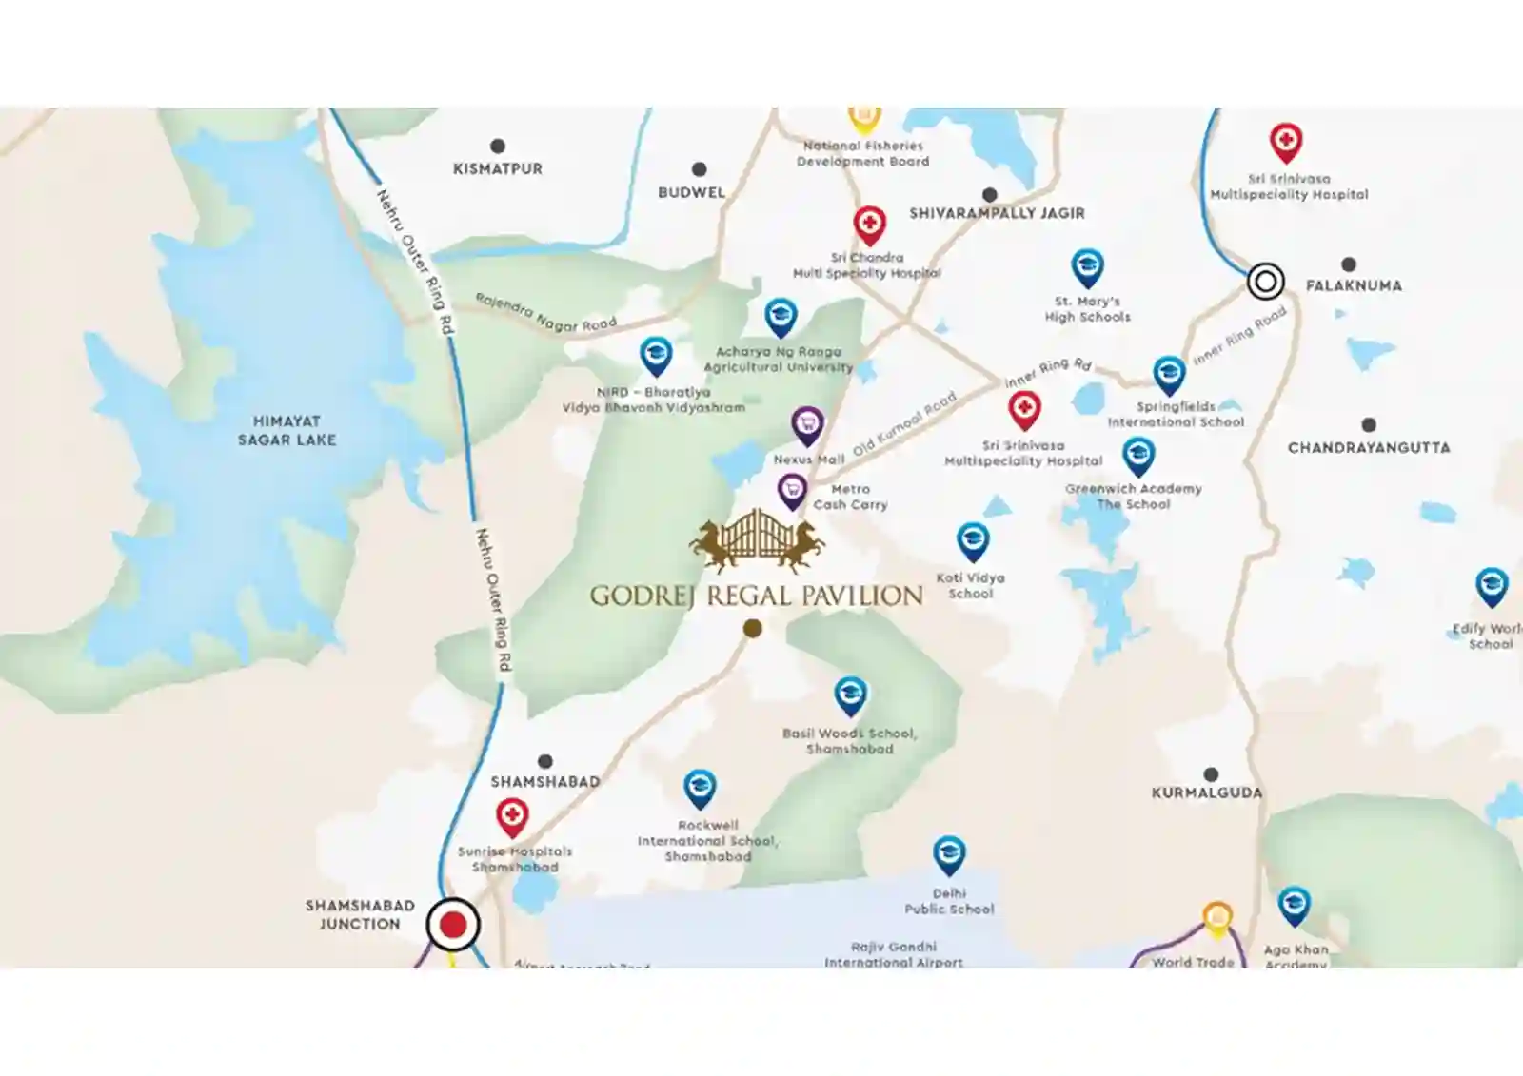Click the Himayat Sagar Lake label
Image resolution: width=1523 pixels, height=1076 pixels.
click(287, 430)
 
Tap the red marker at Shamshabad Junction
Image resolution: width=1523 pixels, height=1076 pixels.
click(453, 925)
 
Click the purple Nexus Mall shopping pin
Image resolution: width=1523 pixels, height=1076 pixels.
click(807, 424)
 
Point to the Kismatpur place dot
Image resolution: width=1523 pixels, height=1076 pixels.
click(497, 147)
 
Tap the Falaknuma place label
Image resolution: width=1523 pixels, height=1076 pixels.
click(1353, 285)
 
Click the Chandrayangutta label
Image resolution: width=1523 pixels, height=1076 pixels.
click(1368, 447)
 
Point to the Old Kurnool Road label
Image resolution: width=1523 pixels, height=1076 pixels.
click(903, 424)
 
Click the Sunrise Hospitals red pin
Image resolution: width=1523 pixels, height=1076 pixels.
click(512, 816)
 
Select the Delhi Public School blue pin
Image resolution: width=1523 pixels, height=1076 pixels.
click(948, 855)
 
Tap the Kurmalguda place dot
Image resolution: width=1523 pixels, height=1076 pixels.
click(1211, 774)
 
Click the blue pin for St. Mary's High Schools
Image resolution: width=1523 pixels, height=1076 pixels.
click(1087, 267)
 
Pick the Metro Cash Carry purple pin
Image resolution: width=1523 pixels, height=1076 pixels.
click(792, 490)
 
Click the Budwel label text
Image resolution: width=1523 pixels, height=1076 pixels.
click(691, 192)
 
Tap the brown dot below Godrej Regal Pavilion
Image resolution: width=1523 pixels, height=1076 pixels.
click(752, 628)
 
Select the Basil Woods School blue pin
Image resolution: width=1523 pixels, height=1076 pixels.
click(850, 695)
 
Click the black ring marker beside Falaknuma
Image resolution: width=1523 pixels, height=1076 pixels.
click(1265, 282)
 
